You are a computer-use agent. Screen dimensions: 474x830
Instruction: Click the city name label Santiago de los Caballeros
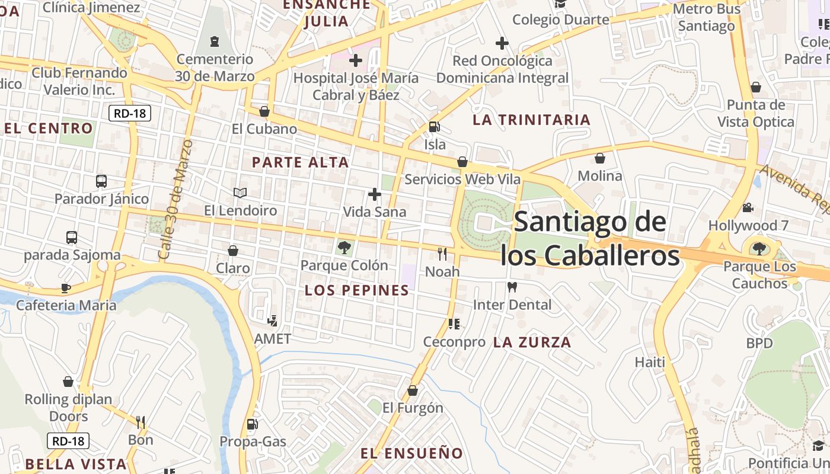tap(590, 238)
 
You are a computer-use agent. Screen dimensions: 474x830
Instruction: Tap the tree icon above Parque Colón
tap(344, 248)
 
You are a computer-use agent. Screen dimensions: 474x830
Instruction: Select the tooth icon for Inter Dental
tap(512, 287)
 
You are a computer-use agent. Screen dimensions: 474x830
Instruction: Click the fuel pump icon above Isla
tap(435, 127)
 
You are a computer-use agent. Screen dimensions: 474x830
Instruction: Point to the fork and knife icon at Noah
tap(442, 254)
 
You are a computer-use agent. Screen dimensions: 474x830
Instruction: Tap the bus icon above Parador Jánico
tap(101, 181)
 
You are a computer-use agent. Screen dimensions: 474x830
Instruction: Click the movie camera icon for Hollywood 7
tap(748, 208)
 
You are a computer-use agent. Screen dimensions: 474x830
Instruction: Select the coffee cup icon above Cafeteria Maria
tap(66, 288)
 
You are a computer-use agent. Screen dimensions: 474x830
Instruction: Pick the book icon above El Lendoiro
tap(240, 193)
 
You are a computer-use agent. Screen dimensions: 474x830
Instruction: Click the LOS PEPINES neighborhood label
tap(357, 290)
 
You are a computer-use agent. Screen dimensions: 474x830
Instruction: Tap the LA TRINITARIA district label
tap(532, 120)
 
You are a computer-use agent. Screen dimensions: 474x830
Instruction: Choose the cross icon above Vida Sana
tap(375, 194)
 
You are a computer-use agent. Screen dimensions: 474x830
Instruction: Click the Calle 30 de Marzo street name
tap(175, 200)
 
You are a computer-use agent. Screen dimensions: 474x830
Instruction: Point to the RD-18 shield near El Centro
tap(130, 113)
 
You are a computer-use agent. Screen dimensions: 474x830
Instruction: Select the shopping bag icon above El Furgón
tap(413, 390)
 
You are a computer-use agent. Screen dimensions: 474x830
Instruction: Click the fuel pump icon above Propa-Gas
tap(253, 424)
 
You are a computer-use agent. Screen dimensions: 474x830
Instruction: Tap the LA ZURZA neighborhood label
tap(532, 342)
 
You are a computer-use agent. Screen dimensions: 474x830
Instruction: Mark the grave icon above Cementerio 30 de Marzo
tap(214, 41)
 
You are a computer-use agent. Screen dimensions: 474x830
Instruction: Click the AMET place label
tap(273, 339)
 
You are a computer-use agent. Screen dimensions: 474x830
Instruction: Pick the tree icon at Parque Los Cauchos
tap(759, 249)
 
